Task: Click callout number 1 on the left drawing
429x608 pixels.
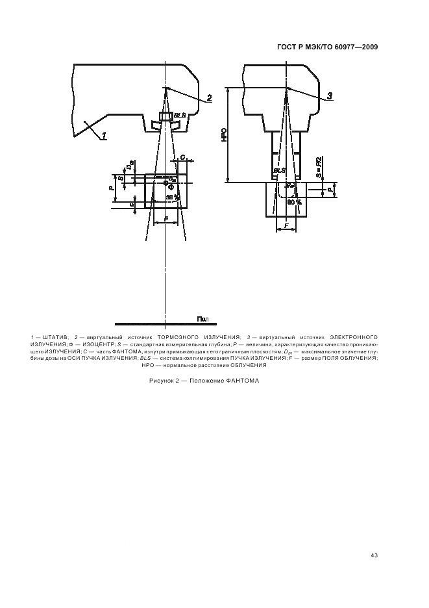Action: (103, 136)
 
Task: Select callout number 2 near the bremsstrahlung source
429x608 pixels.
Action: (209, 99)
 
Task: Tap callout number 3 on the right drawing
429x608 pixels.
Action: (329, 96)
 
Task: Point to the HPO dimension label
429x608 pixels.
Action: (223, 135)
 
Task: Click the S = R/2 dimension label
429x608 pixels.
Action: (319, 167)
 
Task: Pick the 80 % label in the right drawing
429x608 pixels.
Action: (294, 202)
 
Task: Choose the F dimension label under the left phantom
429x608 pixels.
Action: (167, 220)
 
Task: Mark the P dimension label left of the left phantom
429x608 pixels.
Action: (112, 188)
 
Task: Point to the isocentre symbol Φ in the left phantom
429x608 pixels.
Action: (170, 186)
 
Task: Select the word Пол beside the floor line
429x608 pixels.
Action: (202, 319)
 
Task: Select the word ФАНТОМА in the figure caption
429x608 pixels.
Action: (243, 381)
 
